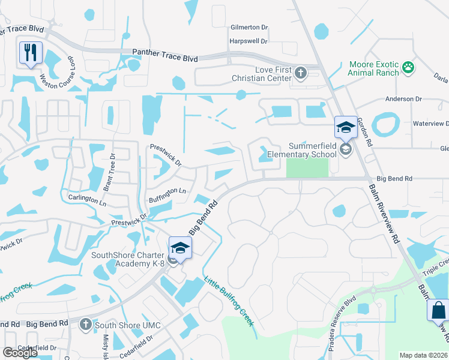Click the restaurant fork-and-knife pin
[30, 52]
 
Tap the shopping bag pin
[438, 310]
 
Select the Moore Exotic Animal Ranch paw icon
[409, 67]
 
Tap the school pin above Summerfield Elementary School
[346, 127]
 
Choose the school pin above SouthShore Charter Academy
[180, 247]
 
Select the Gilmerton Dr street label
[249, 28]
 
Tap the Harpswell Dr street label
[248, 41]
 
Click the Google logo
[20, 353]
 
